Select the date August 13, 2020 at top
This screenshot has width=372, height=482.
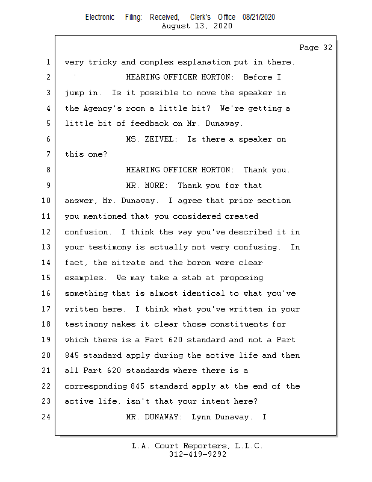(197, 26)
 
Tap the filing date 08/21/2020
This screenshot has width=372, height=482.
(259, 17)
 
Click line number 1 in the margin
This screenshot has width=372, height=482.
(47, 62)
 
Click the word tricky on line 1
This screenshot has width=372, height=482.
(102, 62)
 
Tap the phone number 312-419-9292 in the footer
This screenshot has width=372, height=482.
(197, 455)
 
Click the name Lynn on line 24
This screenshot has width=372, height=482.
(200, 416)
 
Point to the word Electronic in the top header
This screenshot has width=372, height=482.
(100, 17)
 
